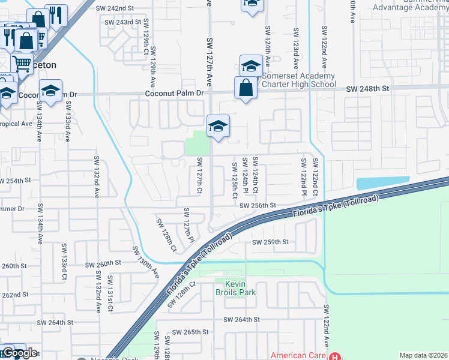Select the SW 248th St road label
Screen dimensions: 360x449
pyautogui.click(x=368, y=88)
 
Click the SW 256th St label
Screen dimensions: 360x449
pyautogui.click(x=257, y=205)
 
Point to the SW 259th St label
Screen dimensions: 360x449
pyautogui.click(x=270, y=242)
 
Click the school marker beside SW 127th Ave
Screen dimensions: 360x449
pyautogui.click(x=218, y=126)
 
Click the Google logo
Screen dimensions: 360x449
pyautogui.click(x=19, y=353)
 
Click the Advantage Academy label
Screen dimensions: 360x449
pyautogui.click(x=411, y=7)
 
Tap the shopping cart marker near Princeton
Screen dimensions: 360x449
pyautogui.click(x=22, y=62)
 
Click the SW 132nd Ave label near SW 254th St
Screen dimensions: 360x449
pyautogui.click(x=96, y=177)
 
